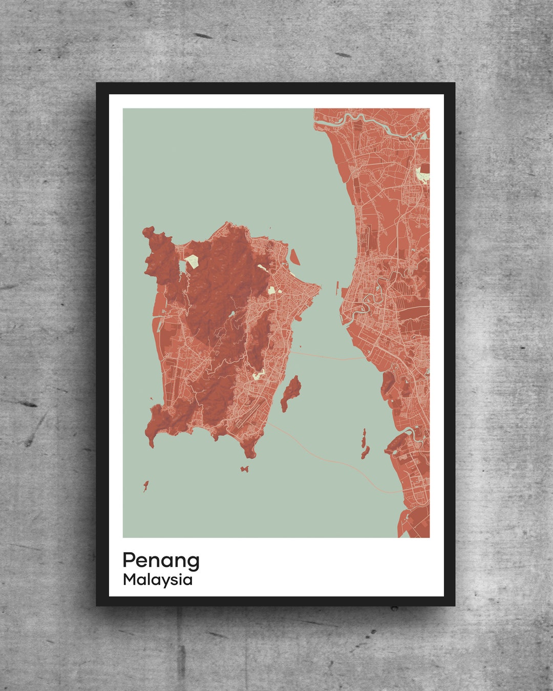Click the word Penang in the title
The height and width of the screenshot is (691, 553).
161,560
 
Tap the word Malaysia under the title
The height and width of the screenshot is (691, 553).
158,580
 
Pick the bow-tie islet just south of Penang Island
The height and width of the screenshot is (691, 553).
245,468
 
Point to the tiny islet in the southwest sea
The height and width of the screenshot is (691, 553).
145,485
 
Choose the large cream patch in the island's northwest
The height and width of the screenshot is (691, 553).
192,261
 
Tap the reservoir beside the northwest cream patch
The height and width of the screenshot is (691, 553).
182,267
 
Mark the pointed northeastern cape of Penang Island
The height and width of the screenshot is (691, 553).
320,287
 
